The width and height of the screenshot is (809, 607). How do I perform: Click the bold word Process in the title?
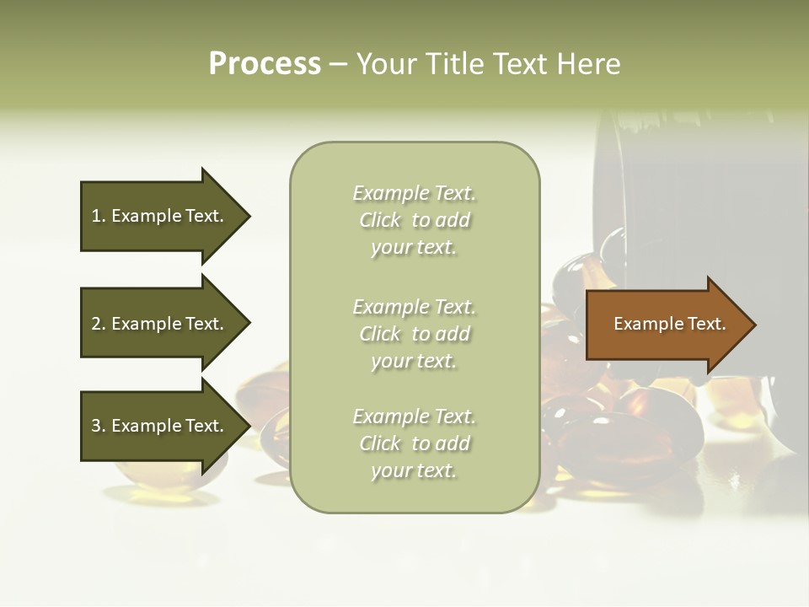pyautogui.click(x=265, y=64)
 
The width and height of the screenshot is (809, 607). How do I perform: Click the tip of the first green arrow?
pyautogui.click(x=248, y=216)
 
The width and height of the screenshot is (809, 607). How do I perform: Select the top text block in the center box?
pyautogui.click(x=414, y=220)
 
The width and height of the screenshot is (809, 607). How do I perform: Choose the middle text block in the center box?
pyautogui.click(x=414, y=334)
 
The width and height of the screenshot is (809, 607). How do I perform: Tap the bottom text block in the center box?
pyautogui.click(x=414, y=443)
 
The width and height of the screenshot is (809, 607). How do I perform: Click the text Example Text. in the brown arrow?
pyautogui.click(x=669, y=324)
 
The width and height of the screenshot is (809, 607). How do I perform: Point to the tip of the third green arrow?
pyautogui.click(x=248, y=426)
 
